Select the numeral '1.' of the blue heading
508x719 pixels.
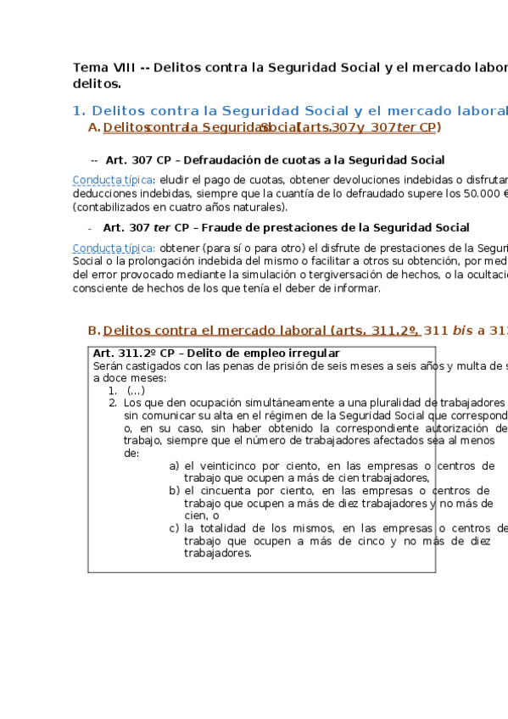tap(79, 111)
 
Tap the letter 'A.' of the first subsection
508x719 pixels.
tap(93, 128)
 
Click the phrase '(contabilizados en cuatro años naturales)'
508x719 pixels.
tap(181, 207)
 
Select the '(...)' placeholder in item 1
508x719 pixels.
tap(135, 390)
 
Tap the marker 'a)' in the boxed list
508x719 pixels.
tap(174, 466)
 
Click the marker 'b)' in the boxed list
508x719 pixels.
tap(174, 491)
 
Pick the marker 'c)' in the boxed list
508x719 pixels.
tap(174, 528)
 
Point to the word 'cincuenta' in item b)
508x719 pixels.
tap(223, 491)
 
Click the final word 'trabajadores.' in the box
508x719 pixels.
tap(217, 554)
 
